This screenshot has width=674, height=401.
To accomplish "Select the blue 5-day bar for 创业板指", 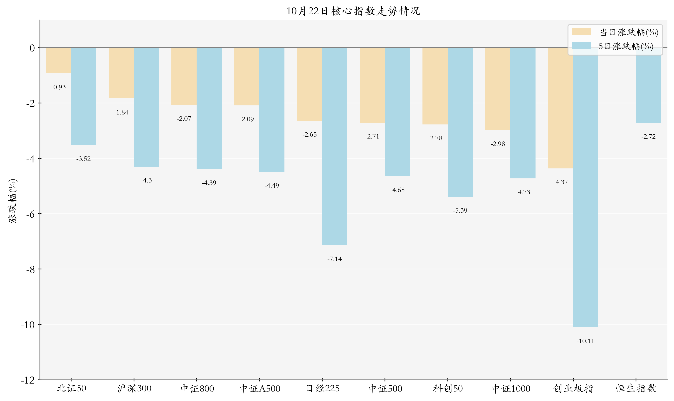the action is click(585, 187).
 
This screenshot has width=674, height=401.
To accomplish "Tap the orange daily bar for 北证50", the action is click(58, 61).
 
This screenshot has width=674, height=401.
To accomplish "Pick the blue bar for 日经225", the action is click(335, 146).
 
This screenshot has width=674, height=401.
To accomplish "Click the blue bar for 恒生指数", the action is click(648, 85).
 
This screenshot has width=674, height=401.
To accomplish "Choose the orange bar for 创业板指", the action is click(561, 108).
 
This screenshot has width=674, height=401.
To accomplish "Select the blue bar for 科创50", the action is click(460, 122).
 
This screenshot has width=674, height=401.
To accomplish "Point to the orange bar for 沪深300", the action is click(121, 73).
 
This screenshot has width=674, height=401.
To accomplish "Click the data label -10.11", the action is click(585, 341).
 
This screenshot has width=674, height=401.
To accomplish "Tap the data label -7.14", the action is click(335, 259).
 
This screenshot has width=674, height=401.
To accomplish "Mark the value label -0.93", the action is click(58, 87).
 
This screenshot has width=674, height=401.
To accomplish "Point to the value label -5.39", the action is click(460, 210).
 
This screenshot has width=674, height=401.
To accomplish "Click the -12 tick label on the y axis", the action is click(28, 380).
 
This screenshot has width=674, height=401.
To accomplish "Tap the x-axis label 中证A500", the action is click(260, 389).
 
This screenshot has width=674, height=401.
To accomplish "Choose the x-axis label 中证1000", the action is click(511, 389).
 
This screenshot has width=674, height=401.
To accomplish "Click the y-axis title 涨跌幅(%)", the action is click(13, 201).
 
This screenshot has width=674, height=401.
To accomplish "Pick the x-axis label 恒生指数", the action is click(636, 388).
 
